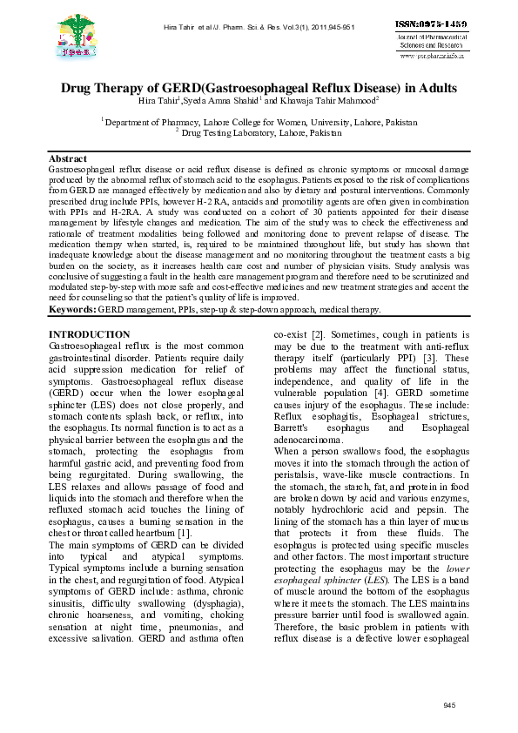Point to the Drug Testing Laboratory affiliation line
coord(259,132)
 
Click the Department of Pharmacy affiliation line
coord(259,123)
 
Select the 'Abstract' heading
coord(68,159)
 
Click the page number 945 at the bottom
coord(449,703)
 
